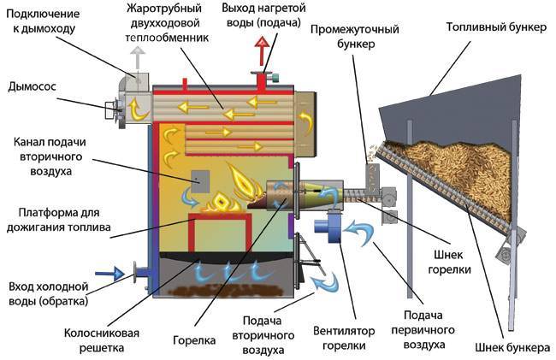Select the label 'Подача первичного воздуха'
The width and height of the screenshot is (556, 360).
pos(415,331)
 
